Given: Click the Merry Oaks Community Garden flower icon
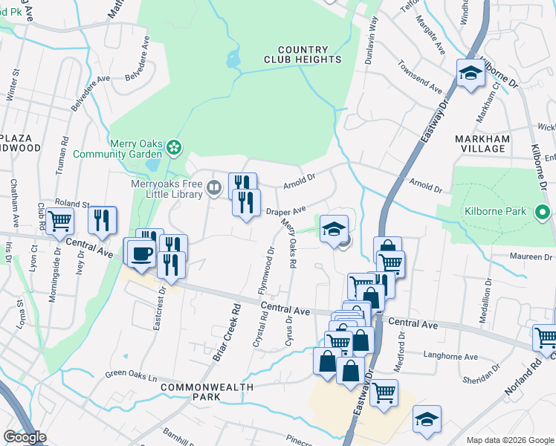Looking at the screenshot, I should (x=174, y=146).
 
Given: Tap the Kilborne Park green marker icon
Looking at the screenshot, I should (x=541, y=212).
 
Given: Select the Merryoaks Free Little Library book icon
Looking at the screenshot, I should (x=214, y=187).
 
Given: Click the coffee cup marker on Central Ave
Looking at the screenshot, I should (x=140, y=253).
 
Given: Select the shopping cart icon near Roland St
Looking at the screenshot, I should (x=59, y=221).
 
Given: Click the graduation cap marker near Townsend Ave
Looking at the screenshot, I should (x=470, y=74).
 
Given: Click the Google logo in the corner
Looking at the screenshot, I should (x=24, y=437).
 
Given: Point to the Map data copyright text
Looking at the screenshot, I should (x=509, y=440).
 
